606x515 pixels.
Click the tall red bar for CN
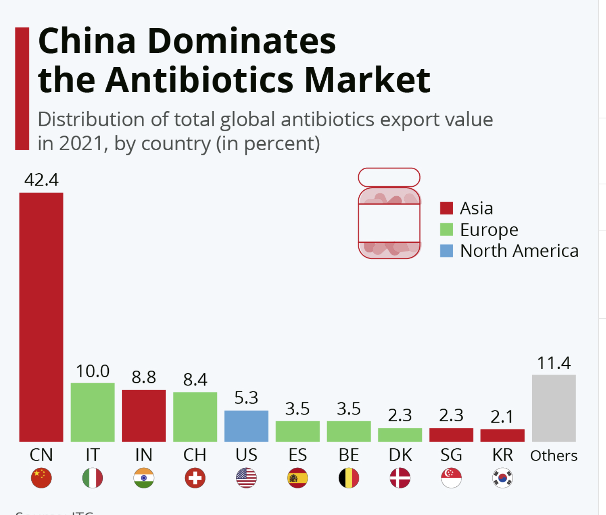coord(41,317)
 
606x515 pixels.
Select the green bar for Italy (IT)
coord(93,412)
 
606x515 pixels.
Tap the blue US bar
coord(246,426)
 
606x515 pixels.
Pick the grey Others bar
coord(554,408)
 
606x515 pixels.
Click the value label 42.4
coord(41,180)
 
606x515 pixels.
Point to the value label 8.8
coord(144,377)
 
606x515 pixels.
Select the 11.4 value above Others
coord(554,363)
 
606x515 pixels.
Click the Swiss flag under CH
coord(195,478)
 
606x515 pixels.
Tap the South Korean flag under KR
coord(502,478)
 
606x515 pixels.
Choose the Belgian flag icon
coord(349,478)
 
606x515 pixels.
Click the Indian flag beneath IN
coord(144,478)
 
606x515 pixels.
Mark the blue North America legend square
coord(446,251)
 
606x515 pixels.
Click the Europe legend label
coord(489,230)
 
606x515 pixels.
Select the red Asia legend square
coord(446,208)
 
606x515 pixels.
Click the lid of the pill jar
coord(389,177)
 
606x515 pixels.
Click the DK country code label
coord(400,455)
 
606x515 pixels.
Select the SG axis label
coord(451,455)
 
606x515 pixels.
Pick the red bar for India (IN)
coord(144,416)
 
